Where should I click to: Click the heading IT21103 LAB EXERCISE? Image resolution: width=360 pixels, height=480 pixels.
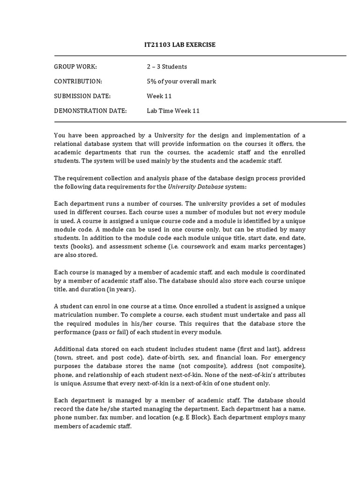coord(180,45)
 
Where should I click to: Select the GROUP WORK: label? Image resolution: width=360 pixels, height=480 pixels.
coord(75,67)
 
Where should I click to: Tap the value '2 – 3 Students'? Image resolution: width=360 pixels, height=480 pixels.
coord(167,67)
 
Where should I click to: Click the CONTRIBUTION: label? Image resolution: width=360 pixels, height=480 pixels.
coord(78,82)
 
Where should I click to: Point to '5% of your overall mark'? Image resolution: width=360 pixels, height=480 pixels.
coord(181,82)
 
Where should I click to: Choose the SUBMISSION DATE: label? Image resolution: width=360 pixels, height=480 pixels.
coord(82,96)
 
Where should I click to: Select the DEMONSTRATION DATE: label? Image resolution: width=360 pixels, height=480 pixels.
coord(90,111)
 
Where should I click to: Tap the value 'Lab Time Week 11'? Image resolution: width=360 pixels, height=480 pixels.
coord(173,111)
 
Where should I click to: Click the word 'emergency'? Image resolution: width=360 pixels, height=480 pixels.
coord(291,358)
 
